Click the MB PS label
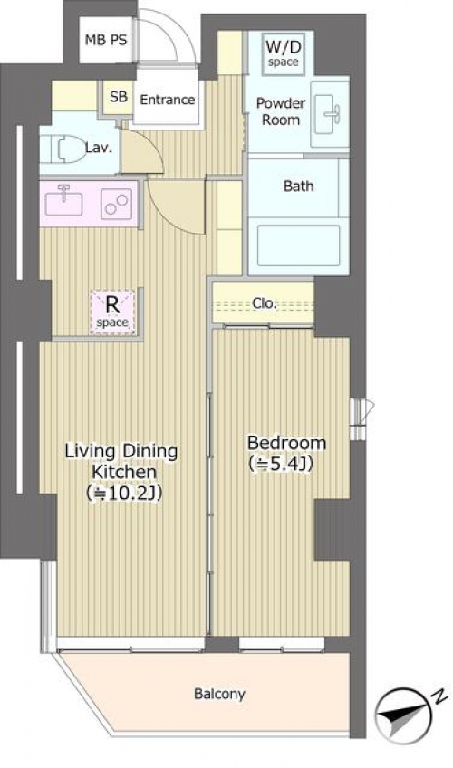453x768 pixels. [106, 40]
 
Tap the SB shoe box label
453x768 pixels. [119, 97]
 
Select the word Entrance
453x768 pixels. [168, 100]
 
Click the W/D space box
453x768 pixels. [283, 53]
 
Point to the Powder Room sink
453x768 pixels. [330, 113]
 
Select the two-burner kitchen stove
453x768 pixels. [117, 205]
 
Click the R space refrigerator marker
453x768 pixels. [112, 312]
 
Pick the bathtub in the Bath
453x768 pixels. [299, 245]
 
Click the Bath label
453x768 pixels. [299, 187]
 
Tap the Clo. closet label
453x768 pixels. [265, 303]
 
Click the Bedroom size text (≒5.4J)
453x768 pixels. [281, 463]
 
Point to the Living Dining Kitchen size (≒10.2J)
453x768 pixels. [124, 493]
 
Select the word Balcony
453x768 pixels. [219, 694]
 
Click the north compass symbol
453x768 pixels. [403, 715]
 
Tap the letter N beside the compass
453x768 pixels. [440, 696]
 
